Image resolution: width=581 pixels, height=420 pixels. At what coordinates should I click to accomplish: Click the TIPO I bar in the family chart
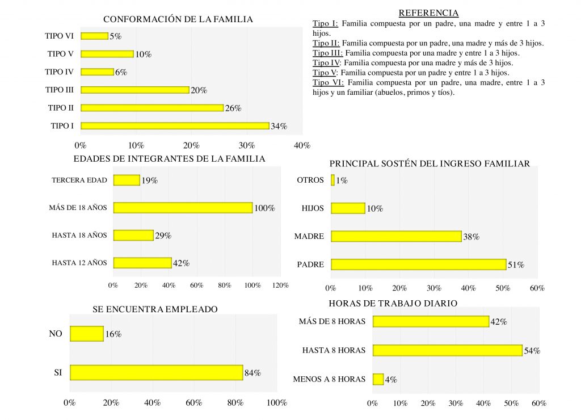pyautogui.click(x=175, y=125)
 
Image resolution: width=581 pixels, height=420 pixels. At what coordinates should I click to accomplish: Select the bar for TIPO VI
pyautogui.click(x=94, y=36)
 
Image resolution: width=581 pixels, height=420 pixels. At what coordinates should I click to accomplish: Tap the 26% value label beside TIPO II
pyautogui.click(x=233, y=108)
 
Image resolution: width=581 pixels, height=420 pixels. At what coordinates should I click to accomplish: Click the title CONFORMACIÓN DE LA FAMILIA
pyautogui.click(x=178, y=19)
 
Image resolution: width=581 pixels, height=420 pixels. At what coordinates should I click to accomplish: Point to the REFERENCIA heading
pyautogui.click(x=428, y=13)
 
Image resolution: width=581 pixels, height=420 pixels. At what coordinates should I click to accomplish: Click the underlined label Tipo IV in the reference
pyautogui.click(x=327, y=62)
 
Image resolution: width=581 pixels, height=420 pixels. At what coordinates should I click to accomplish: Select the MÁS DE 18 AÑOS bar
pyautogui.click(x=183, y=208)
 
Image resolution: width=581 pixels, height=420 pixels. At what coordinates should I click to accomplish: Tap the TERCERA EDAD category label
pyautogui.click(x=79, y=180)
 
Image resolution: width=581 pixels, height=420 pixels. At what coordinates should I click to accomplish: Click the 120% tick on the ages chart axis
pyautogui.click(x=280, y=285)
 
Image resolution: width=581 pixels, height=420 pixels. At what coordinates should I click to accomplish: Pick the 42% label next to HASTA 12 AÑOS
pyautogui.click(x=181, y=263)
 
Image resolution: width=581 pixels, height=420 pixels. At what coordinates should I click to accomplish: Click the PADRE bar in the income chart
pyautogui.click(x=418, y=264)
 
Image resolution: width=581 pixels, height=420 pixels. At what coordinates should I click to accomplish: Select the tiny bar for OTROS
pyautogui.click(x=333, y=180)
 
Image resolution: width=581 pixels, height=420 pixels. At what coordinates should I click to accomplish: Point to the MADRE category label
pyautogui.click(x=309, y=236)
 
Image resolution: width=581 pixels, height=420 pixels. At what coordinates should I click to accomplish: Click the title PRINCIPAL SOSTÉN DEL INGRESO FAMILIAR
pyautogui.click(x=430, y=164)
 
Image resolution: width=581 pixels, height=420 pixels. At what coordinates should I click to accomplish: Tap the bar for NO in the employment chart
pyautogui.click(x=87, y=334)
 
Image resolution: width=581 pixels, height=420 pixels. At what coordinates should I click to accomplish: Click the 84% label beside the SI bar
pyautogui.click(x=252, y=373)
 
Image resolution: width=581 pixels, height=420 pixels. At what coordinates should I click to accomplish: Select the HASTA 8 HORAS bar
pyautogui.click(x=447, y=350)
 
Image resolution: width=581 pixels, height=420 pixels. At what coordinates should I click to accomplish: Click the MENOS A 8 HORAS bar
pyautogui.click(x=378, y=379)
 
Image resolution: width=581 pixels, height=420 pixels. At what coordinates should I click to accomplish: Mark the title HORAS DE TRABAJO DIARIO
pyautogui.click(x=393, y=304)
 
